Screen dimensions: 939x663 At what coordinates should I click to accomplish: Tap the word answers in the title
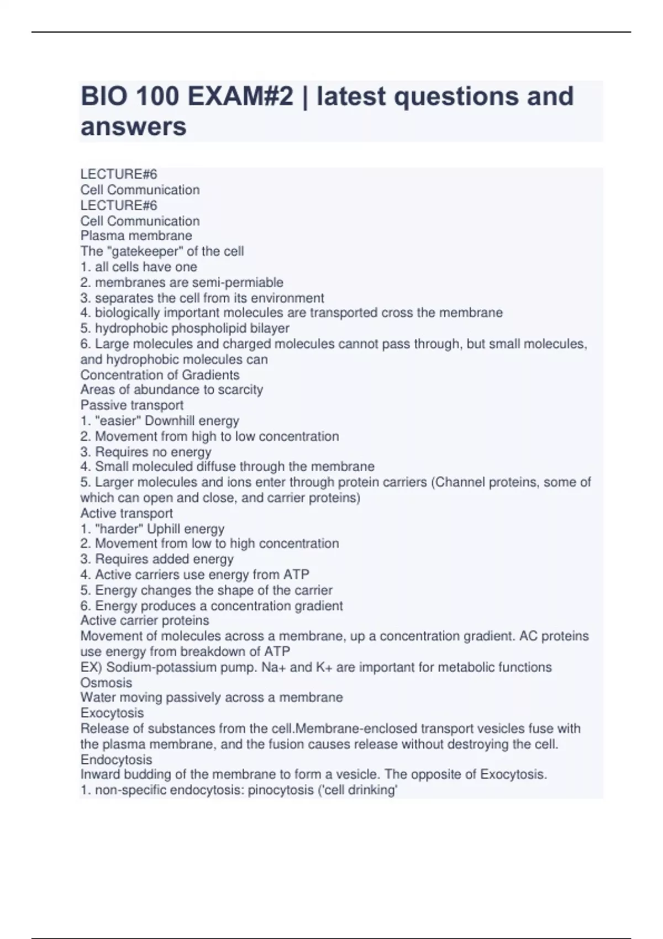pyautogui.click(x=134, y=126)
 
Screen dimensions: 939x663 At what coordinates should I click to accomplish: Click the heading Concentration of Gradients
pyautogui.click(x=160, y=374)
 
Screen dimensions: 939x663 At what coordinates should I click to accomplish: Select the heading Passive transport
pyautogui.click(x=131, y=405)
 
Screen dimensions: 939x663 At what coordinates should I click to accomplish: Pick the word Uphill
pyautogui.click(x=164, y=529)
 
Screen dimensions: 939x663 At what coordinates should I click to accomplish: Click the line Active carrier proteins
pyautogui.click(x=144, y=620)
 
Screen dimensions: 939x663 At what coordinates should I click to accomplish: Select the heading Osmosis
pyautogui.click(x=106, y=683)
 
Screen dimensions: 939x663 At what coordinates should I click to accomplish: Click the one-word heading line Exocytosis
pyautogui.click(x=112, y=713)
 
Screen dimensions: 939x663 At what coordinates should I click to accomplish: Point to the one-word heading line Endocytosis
pyautogui.click(x=116, y=759)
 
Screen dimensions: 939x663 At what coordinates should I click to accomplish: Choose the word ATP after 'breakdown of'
pyautogui.click(x=277, y=652)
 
